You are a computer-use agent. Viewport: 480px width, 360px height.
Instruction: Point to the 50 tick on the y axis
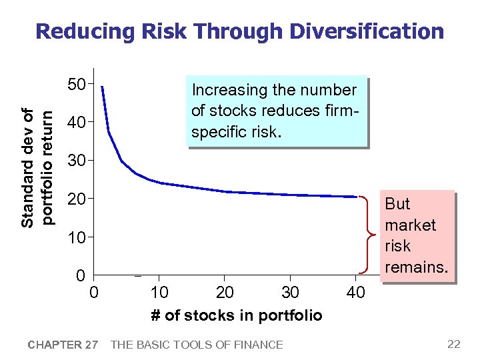tap(77, 85)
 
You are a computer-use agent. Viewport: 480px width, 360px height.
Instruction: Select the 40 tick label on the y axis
tap(77, 123)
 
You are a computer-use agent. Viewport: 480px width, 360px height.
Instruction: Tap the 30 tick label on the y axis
tap(77, 161)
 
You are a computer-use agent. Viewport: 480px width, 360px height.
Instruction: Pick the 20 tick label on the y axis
tap(77, 199)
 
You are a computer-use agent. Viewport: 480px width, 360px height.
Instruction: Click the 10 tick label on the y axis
tap(77, 237)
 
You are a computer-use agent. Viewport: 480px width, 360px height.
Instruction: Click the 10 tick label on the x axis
tap(159, 293)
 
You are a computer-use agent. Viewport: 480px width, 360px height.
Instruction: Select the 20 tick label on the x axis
tap(225, 293)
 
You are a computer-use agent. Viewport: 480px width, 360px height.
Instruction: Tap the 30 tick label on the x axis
tap(290, 293)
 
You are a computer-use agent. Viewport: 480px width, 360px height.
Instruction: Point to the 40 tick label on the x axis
tap(355, 293)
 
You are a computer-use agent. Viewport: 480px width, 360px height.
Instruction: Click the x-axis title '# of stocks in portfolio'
tap(236, 315)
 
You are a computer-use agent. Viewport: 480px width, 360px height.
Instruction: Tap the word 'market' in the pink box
tap(410, 225)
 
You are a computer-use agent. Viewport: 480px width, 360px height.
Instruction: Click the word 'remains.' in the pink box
tap(416, 267)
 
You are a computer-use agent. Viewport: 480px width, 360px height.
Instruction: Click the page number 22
tap(454, 344)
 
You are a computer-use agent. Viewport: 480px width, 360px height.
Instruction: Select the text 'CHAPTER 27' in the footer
tap(63, 345)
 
